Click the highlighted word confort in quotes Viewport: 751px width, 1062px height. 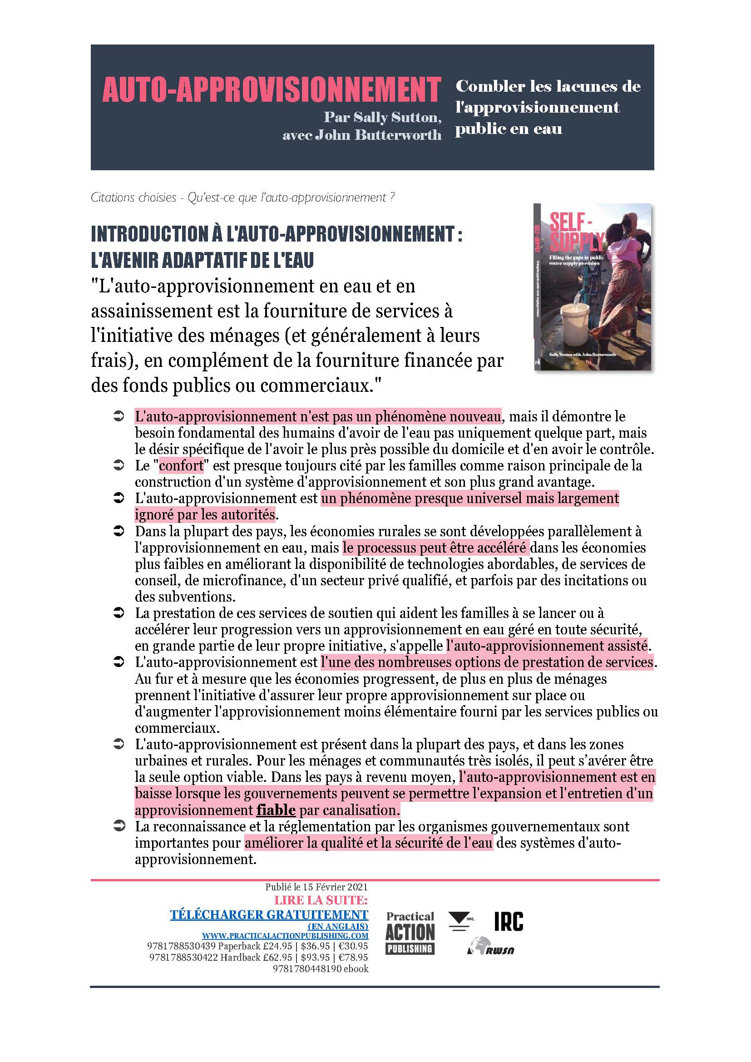pos(181,466)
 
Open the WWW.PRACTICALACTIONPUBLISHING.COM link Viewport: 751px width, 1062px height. pos(285,936)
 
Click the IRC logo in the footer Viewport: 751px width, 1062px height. pos(509,922)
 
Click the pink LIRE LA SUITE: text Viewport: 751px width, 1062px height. pos(321,900)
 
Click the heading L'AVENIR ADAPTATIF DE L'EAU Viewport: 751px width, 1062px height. pos(202,261)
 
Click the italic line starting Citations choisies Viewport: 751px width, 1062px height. pos(242,198)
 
